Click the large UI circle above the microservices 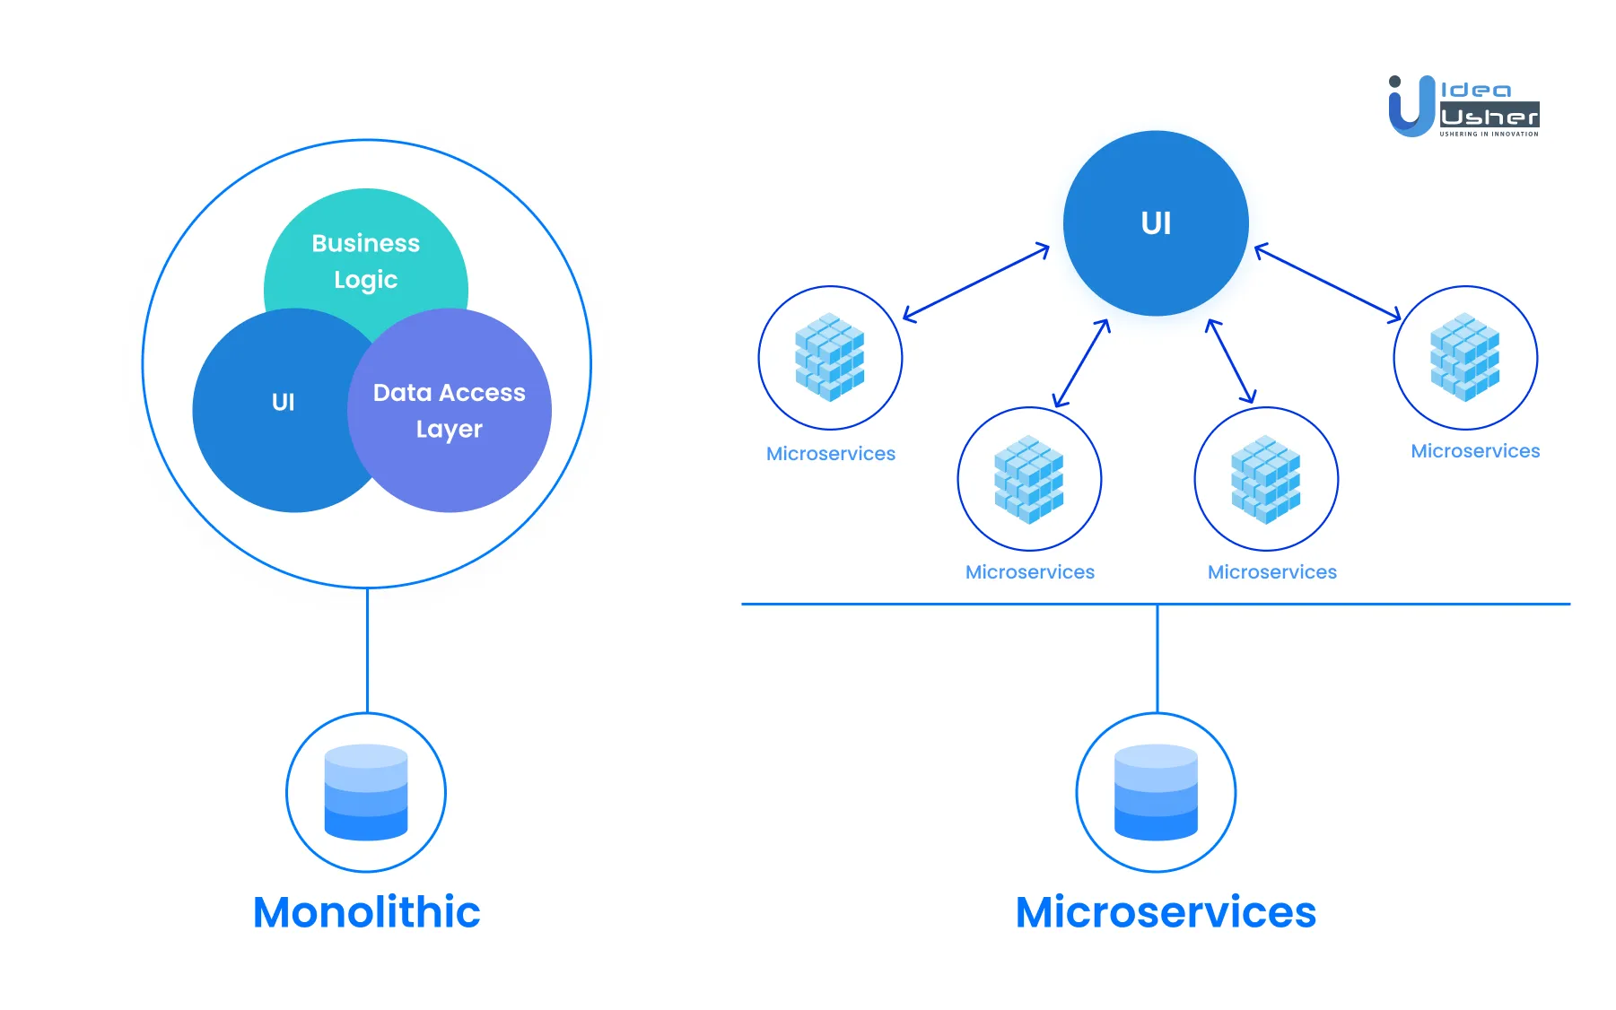pyautogui.click(x=1156, y=223)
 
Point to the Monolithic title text pyautogui.click(x=366, y=912)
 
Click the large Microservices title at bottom pyautogui.click(x=1165, y=912)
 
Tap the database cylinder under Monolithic pyautogui.click(x=366, y=792)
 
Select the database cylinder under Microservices pyautogui.click(x=1156, y=792)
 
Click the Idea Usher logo pyautogui.click(x=1463, y=106)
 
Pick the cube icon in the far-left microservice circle pyautogui.click(x=830, y=357)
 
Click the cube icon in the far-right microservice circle pyautogui.click(x=1465, y=357)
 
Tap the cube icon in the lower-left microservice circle pyautogui.click(x=1029, y=479)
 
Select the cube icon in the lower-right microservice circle pyautogui.click(x=1266, y=479)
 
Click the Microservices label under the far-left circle pyautogui.click(x=831, y=454)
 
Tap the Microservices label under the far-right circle pyautogui.click(x=1475, y=451)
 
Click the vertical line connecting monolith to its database pyautogui.click(x=367, y=650)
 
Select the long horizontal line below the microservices pyautogui.click(x=987, y=605)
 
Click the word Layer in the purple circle pyautogui.click(x=449, y=430)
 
